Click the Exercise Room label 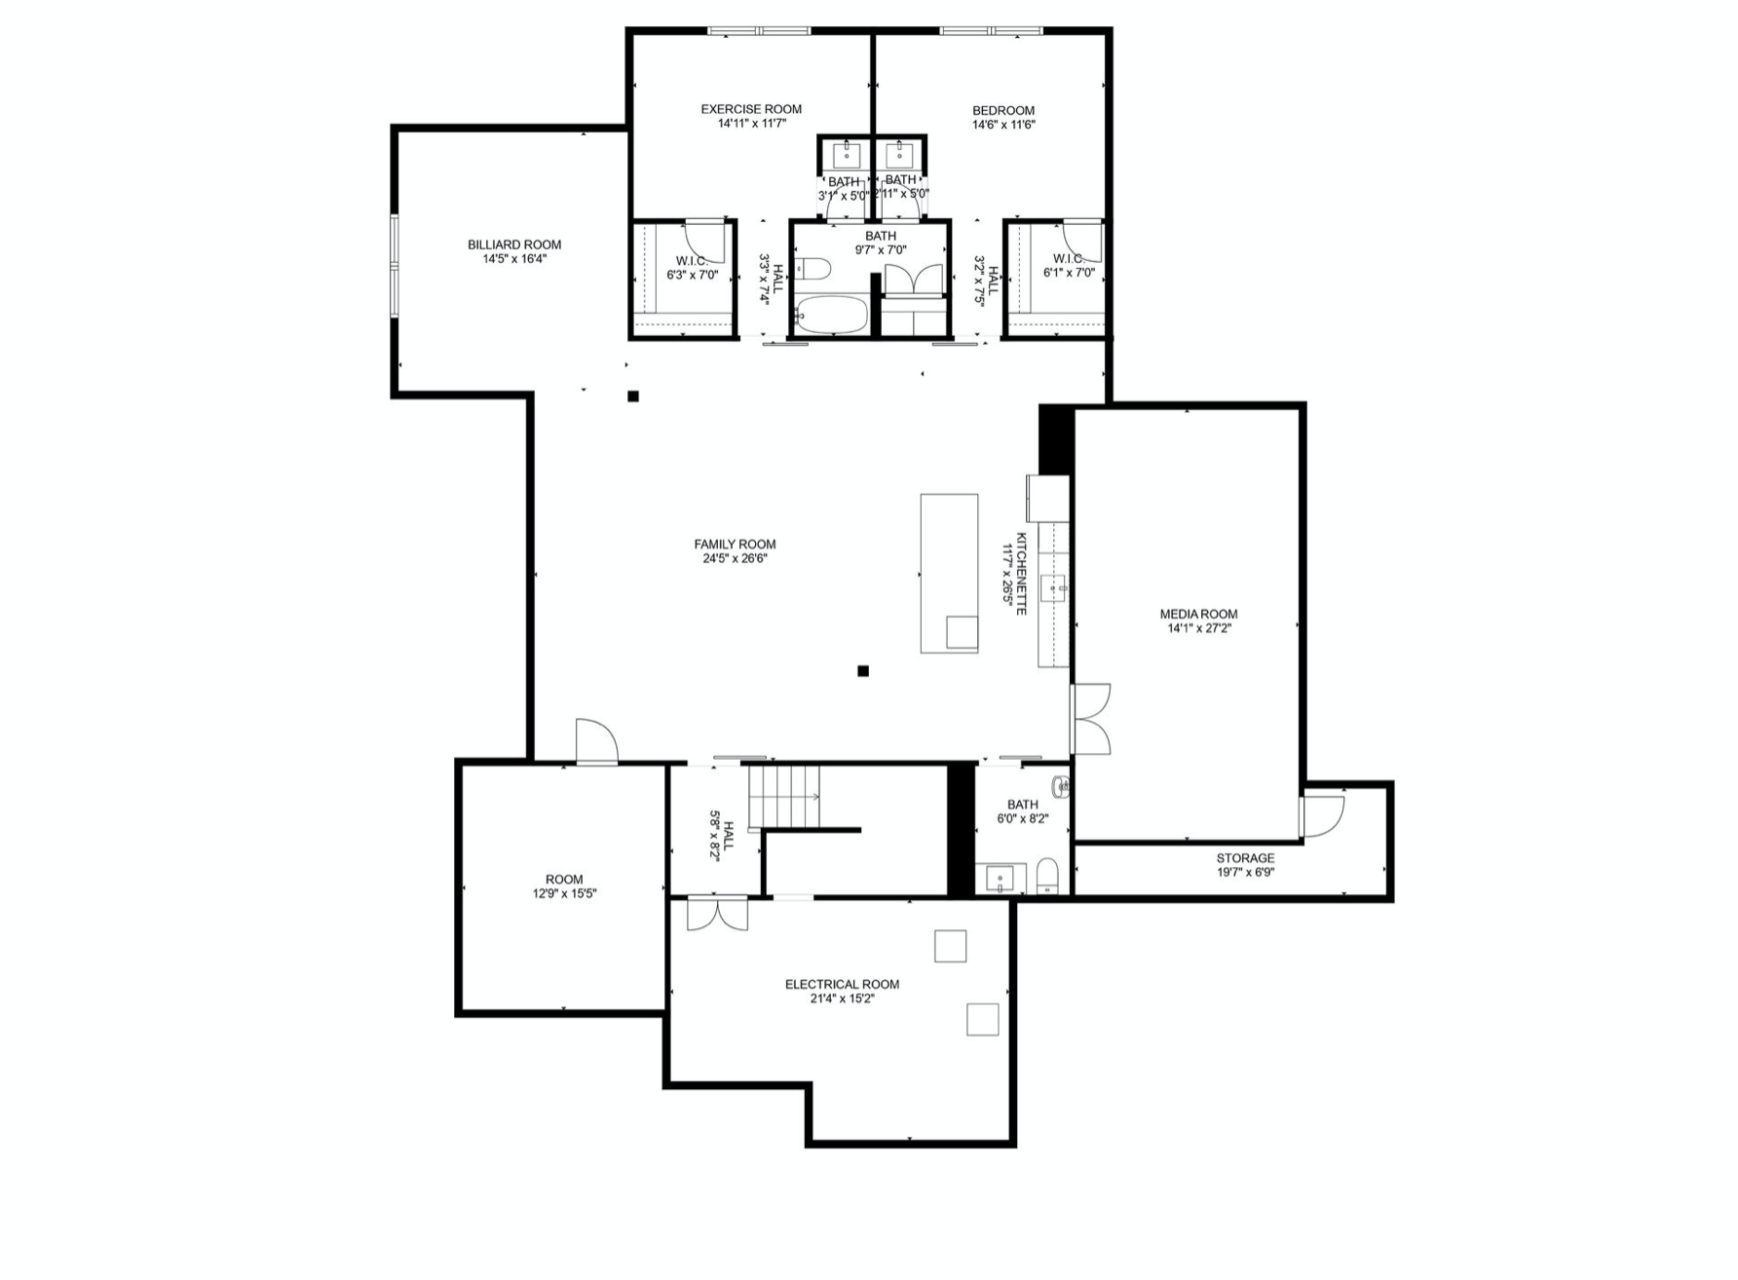click(751, 109)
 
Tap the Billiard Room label click(514, 245)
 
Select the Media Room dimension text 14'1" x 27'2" click(1199, 628)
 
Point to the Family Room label click(735, 545)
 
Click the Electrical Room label click(842, 984)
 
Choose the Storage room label click(1245, 858)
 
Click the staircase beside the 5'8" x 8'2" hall click(784, 797)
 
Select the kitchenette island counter click(949, 573)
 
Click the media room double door click(1091, 719)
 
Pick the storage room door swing click(1323, 816)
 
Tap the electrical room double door click(717, 914)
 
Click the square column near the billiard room click(633, 396)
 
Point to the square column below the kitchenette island click(863, 670)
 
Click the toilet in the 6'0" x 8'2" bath click(1047, 876)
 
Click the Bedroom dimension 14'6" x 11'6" click(1003, 125)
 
